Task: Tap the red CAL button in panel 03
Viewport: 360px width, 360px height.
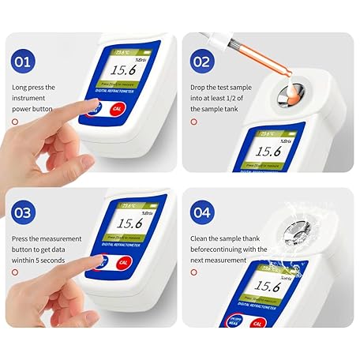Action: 121,263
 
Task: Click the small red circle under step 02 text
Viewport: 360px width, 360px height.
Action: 193,122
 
